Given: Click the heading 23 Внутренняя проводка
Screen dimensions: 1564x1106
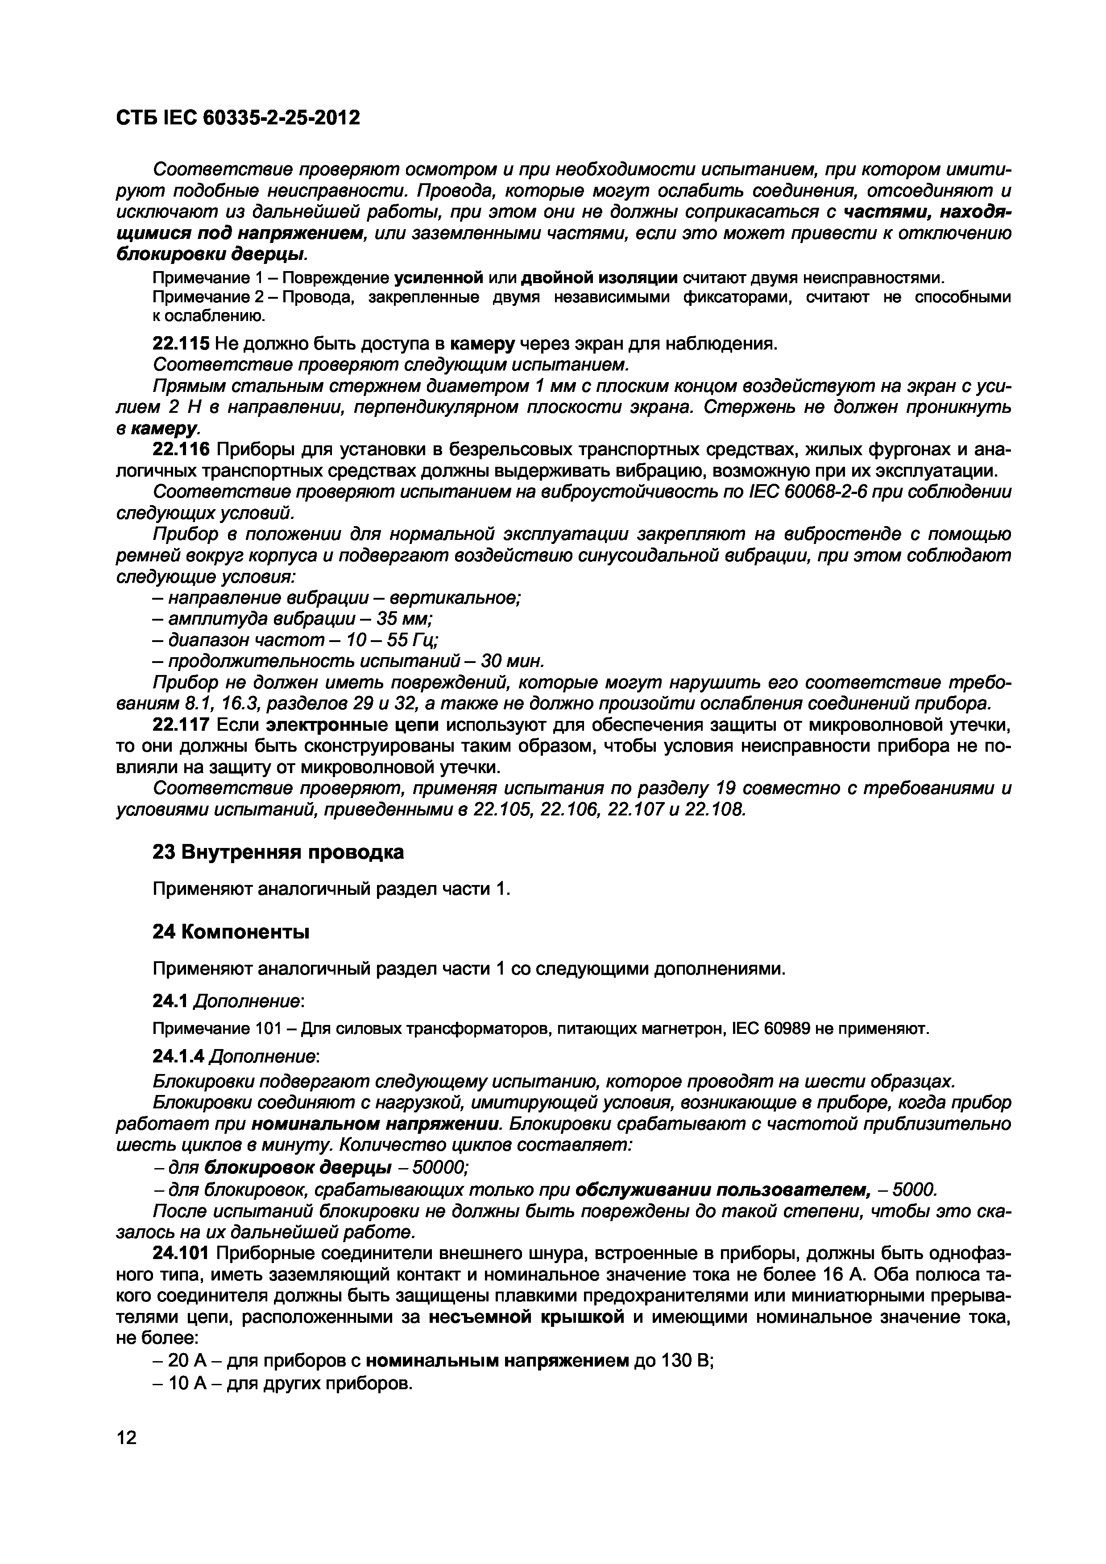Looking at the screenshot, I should tap(278, 852).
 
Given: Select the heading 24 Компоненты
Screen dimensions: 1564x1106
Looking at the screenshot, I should tap(231, 932).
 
